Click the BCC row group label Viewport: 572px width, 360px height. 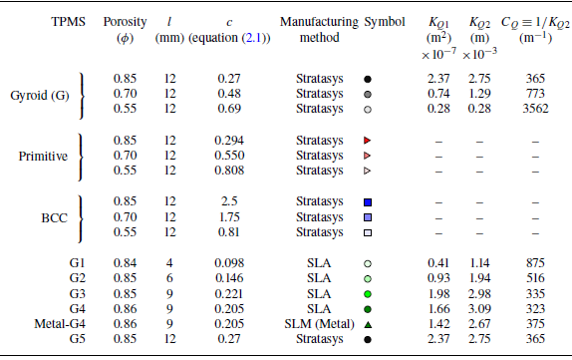(43, 217)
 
